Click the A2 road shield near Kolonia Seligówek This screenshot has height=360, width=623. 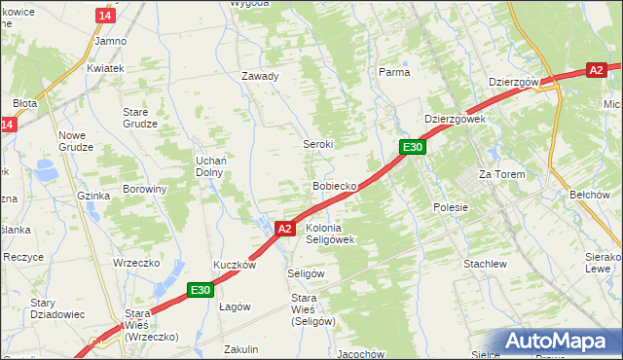click(283, 229)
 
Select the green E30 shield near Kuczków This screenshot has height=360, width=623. click(201, 289)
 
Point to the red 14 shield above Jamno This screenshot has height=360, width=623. click(105, 16)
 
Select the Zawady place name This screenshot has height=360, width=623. click(260, 76)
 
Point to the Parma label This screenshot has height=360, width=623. click(394, 72)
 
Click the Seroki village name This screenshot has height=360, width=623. click(318, 143)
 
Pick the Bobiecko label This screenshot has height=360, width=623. click(334, 185)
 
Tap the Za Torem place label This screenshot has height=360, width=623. click(501, 174)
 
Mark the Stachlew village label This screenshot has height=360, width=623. click(485, 264)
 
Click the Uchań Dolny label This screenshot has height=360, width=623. click(211, 165)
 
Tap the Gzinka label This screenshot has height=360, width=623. click(93, 196)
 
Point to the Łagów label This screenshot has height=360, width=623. click(235, 306)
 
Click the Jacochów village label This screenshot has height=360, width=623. click(359, 353)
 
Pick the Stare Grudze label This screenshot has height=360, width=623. click(140, 118)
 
